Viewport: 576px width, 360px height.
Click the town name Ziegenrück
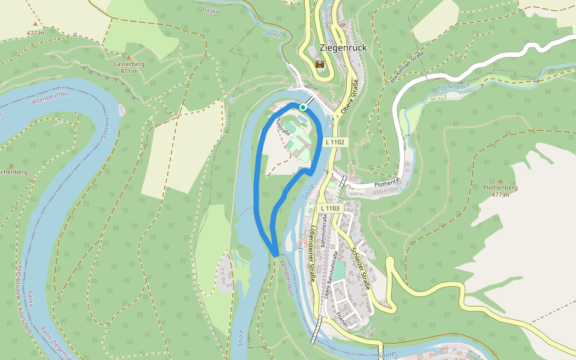pos(343,47)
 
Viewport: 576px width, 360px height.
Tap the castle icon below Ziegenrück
pos(320,64)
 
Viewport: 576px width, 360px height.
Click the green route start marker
pos(304,107)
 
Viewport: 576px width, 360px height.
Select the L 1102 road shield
pos(335,142)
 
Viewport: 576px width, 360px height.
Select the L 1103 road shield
pos(330,208)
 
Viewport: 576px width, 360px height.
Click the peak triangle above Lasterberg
pos(128,58)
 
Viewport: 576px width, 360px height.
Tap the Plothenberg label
pos(500,187)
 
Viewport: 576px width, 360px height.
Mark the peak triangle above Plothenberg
pos(500,180)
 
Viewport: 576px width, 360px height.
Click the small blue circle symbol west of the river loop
pos(232,100)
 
